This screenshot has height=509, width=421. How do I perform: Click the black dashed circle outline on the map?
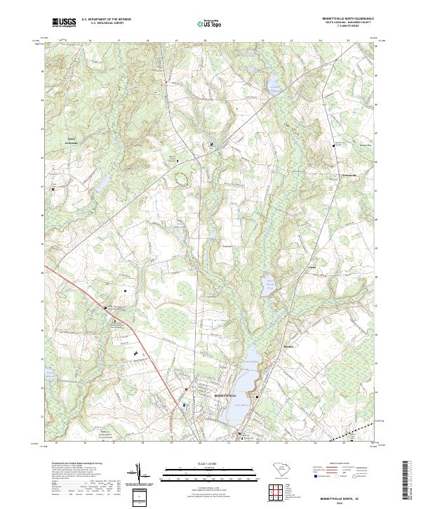[x=181, y=180]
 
